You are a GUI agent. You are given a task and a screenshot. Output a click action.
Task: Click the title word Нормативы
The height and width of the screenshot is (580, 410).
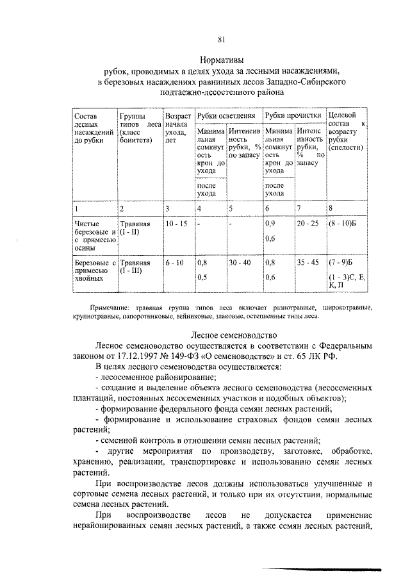click(x=220, y=59)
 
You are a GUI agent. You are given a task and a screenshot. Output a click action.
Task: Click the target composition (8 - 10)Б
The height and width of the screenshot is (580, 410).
click(x=342, y=224)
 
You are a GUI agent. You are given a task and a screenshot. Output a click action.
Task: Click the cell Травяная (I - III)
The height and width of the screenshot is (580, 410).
click(x=136, y=267)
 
